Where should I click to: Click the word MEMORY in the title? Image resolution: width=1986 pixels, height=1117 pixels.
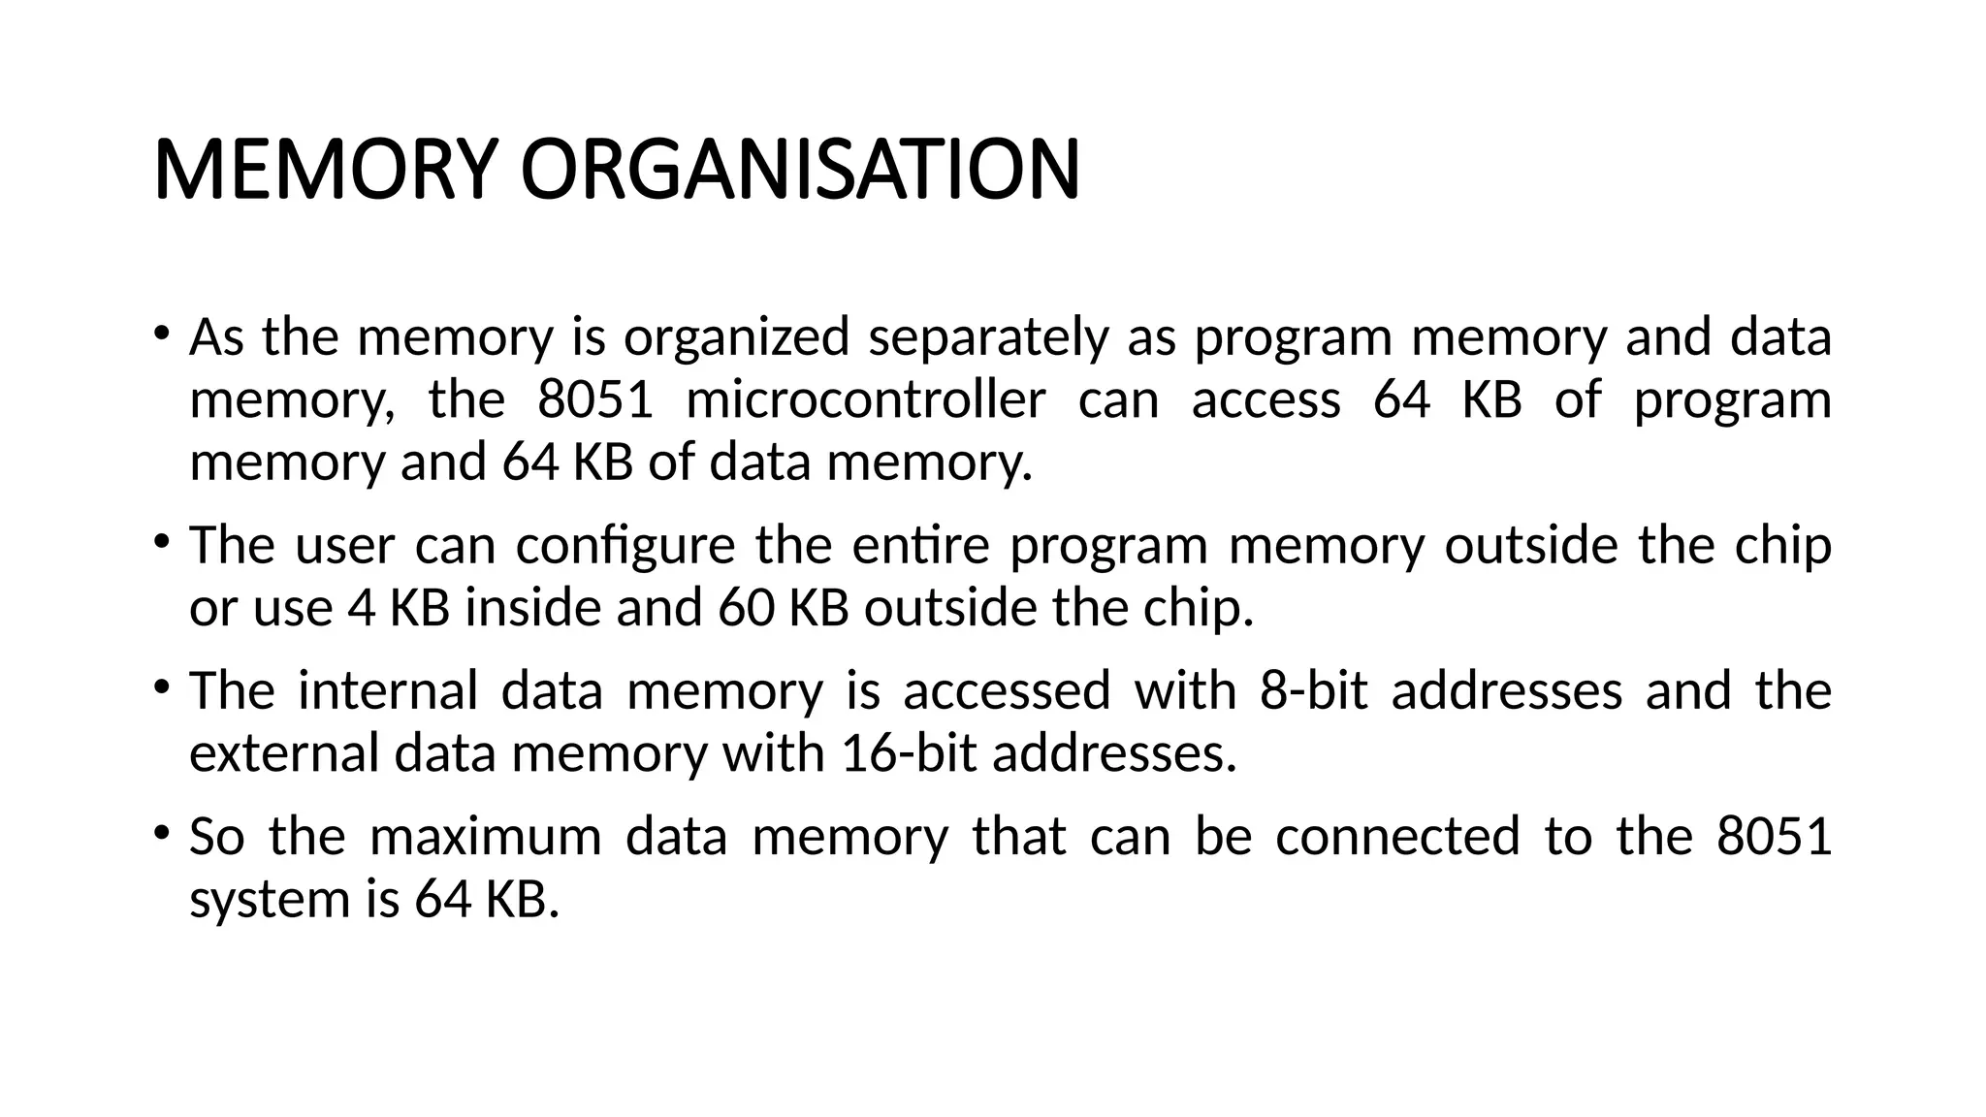pyautogui.click(x=326, y=170)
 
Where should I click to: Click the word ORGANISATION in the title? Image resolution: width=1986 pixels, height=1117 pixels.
pyautogui.click(x=800, y=170)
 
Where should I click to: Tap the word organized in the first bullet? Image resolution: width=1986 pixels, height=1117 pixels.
pyautogui.click(x=736, y=338)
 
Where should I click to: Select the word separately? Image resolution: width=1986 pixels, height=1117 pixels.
pyautogui.click(x=987, y=338)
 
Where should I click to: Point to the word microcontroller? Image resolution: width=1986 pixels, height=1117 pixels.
pyautogui.click(x=866, y=400)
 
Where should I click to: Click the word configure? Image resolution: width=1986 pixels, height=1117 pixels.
pyautogui.click(x=625, y=546)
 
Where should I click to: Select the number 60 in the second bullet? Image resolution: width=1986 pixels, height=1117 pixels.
pyautogui.click(x=746, y=609)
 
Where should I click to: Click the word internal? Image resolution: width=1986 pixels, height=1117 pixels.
pyautogui.click(x=388, y=691)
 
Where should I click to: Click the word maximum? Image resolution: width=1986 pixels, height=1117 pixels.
pyautogui.click(x=486, y=837)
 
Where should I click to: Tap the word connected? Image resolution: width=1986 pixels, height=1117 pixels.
pyautogui.click(x=1397, y=837)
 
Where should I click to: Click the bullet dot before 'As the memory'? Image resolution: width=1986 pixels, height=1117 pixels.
pyautogui.click(x=161, y=333)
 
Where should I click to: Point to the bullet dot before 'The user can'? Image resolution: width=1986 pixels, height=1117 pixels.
pyautogui.click(x=161, y=540)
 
